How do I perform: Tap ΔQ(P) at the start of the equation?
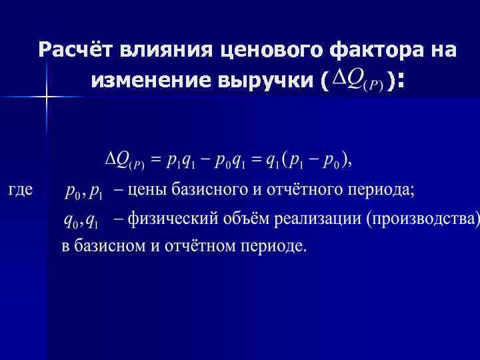click(125, 161)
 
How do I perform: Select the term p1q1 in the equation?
click(181, 161)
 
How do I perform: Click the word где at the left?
click(21, 190)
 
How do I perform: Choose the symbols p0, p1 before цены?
click(84, 192)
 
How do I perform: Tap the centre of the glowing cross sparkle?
click(46, 97)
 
